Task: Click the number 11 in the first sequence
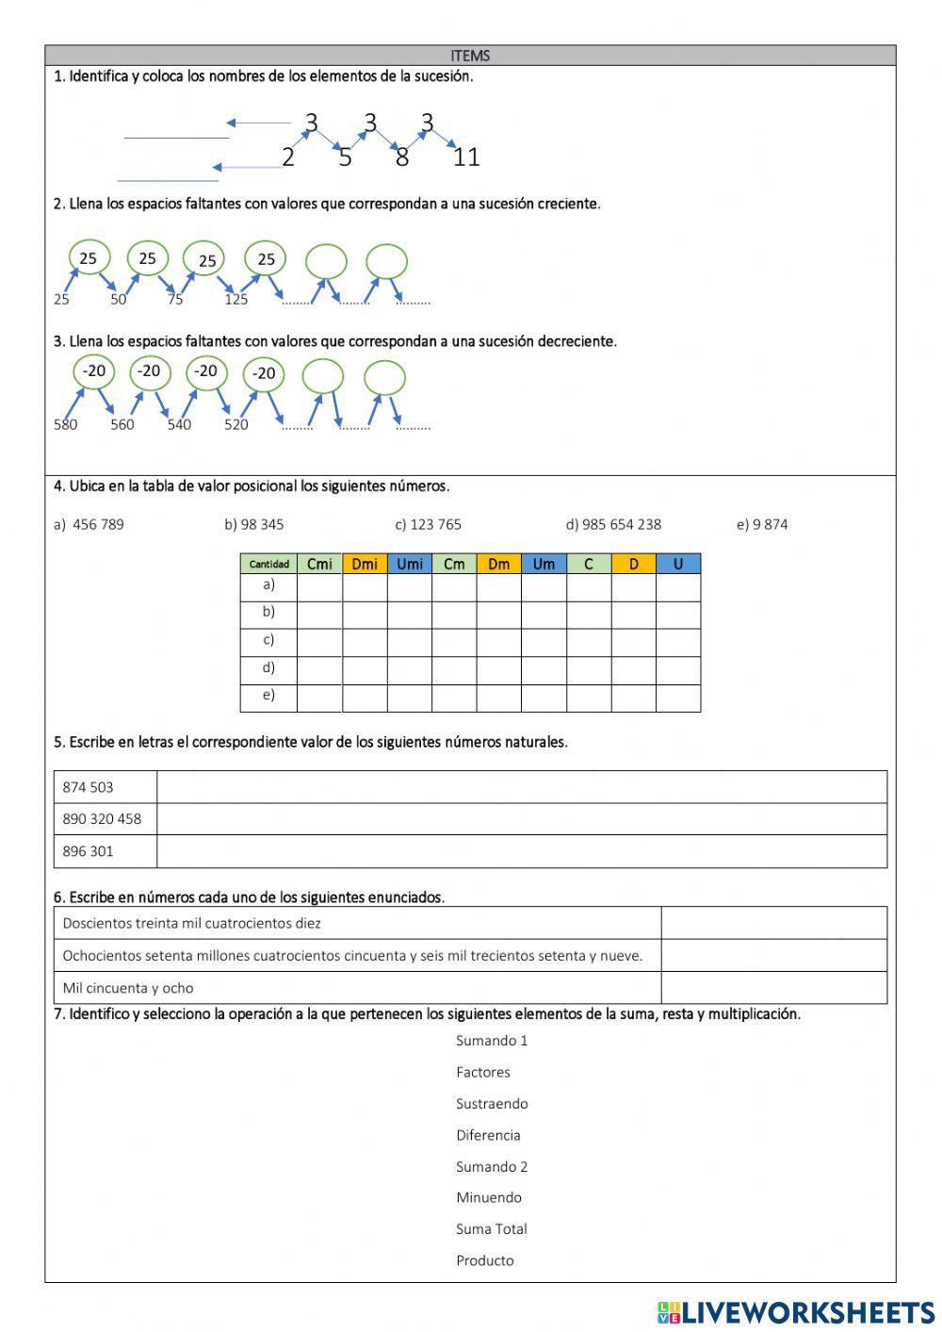tap(466, 157)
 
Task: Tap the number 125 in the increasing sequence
tap(235, 300)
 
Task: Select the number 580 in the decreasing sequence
tap(65, 424)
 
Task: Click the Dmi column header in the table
tap(365, 564)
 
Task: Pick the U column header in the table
tap(678, 564)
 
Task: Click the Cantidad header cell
tap(269, 564)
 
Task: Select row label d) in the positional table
tap(268, 667)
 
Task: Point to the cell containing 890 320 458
tap(103, 819)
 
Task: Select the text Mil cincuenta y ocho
tap(128, 988)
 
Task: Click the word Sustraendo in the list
tap(492, 1104)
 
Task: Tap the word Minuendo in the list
tap(488, 1197)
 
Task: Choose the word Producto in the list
tap(485, 1260)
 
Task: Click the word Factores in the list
tap(482, 1072)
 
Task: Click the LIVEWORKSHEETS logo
tap(796, 1312)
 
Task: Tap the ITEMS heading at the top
tap(470, 56)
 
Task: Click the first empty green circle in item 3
tap(323, 377)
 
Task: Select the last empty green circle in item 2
tap(386, 261)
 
